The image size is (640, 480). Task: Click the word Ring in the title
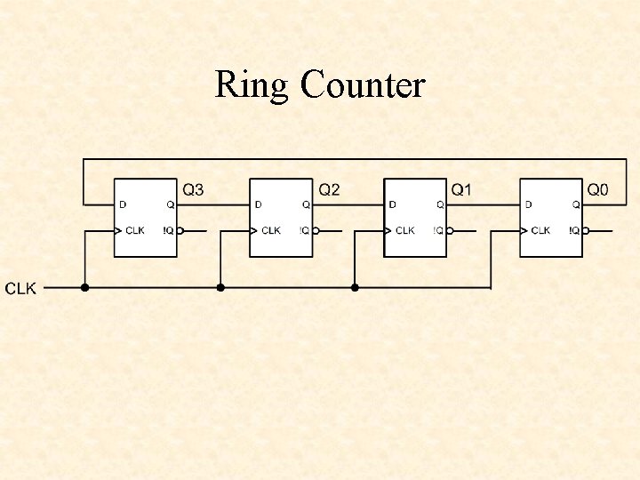click(252, 86)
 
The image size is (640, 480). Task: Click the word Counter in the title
click(363, 85)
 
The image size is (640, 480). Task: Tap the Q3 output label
click(193, 189)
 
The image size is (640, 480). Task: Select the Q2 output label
click(329, 189)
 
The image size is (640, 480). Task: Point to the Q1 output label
click(462, 189)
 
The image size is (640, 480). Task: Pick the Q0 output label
click(598, 189)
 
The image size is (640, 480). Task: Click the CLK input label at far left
click(21, 289)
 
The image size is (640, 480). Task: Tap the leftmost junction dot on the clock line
click(85, 287)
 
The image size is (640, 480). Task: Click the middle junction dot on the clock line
click(220, 287)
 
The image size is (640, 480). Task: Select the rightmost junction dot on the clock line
click(355, 287)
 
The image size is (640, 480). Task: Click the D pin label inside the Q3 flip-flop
click(123, 204)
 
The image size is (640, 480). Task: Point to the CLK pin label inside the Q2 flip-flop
click(270, 230)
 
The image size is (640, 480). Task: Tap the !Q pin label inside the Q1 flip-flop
click(437, 230)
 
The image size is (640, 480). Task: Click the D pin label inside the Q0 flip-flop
click(528, 204)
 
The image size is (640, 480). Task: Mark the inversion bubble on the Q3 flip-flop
click(180, 230)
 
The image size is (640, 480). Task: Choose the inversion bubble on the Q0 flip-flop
click(586, 230)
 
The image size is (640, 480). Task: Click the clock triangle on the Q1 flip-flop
click(388, 230)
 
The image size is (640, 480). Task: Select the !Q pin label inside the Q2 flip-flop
click(303, 230)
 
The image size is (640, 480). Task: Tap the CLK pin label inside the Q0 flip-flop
click(540, 230)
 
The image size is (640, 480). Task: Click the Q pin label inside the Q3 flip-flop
click(170, 204)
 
